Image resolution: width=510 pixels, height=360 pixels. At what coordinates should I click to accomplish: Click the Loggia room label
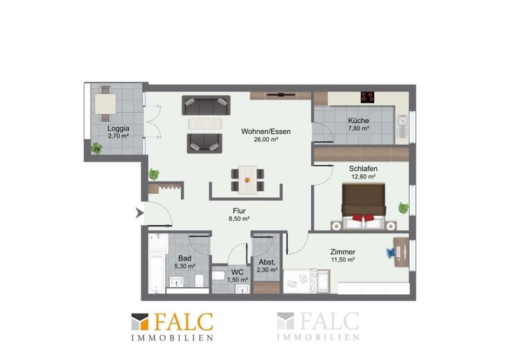click(118, 128)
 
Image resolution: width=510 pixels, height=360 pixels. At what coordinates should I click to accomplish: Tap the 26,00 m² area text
click(265, 140)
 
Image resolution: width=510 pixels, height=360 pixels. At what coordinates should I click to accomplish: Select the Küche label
click(358, 120)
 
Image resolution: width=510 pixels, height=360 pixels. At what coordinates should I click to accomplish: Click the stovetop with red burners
click(367, 96)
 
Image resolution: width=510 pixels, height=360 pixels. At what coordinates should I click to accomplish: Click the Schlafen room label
click(363, 169)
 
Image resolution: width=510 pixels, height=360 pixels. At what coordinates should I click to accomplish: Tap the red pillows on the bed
click(363, 217)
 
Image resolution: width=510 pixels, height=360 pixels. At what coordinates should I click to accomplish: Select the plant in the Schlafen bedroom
click(403, 208)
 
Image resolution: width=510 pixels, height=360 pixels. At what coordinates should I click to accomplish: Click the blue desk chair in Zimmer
click(390, 253)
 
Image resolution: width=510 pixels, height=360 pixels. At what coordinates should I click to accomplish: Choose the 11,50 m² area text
click(343, 260)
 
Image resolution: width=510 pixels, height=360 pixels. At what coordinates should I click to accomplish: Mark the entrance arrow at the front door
click(139, 213)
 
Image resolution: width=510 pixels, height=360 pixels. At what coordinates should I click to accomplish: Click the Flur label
click(239, 211)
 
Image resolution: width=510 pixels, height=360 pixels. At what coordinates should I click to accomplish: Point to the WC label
click(238, 272)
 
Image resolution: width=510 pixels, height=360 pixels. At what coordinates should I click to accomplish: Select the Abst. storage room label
click(267, 262)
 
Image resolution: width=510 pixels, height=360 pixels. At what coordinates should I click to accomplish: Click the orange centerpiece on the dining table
click(247, 180)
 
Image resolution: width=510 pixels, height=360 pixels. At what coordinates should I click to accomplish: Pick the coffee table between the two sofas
click(205, 124)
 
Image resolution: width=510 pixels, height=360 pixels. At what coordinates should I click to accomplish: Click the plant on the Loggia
click(96, 148)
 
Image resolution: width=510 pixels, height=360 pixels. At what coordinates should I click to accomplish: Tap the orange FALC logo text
click(184, 322)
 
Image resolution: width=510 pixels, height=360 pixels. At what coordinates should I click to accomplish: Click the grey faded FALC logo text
click(329, 321)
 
